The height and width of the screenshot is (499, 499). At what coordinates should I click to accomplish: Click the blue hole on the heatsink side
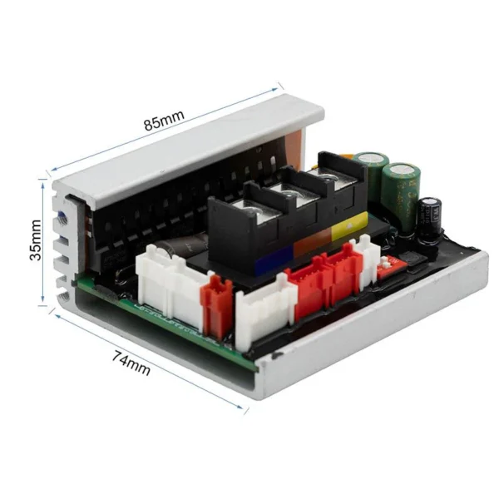64,217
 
